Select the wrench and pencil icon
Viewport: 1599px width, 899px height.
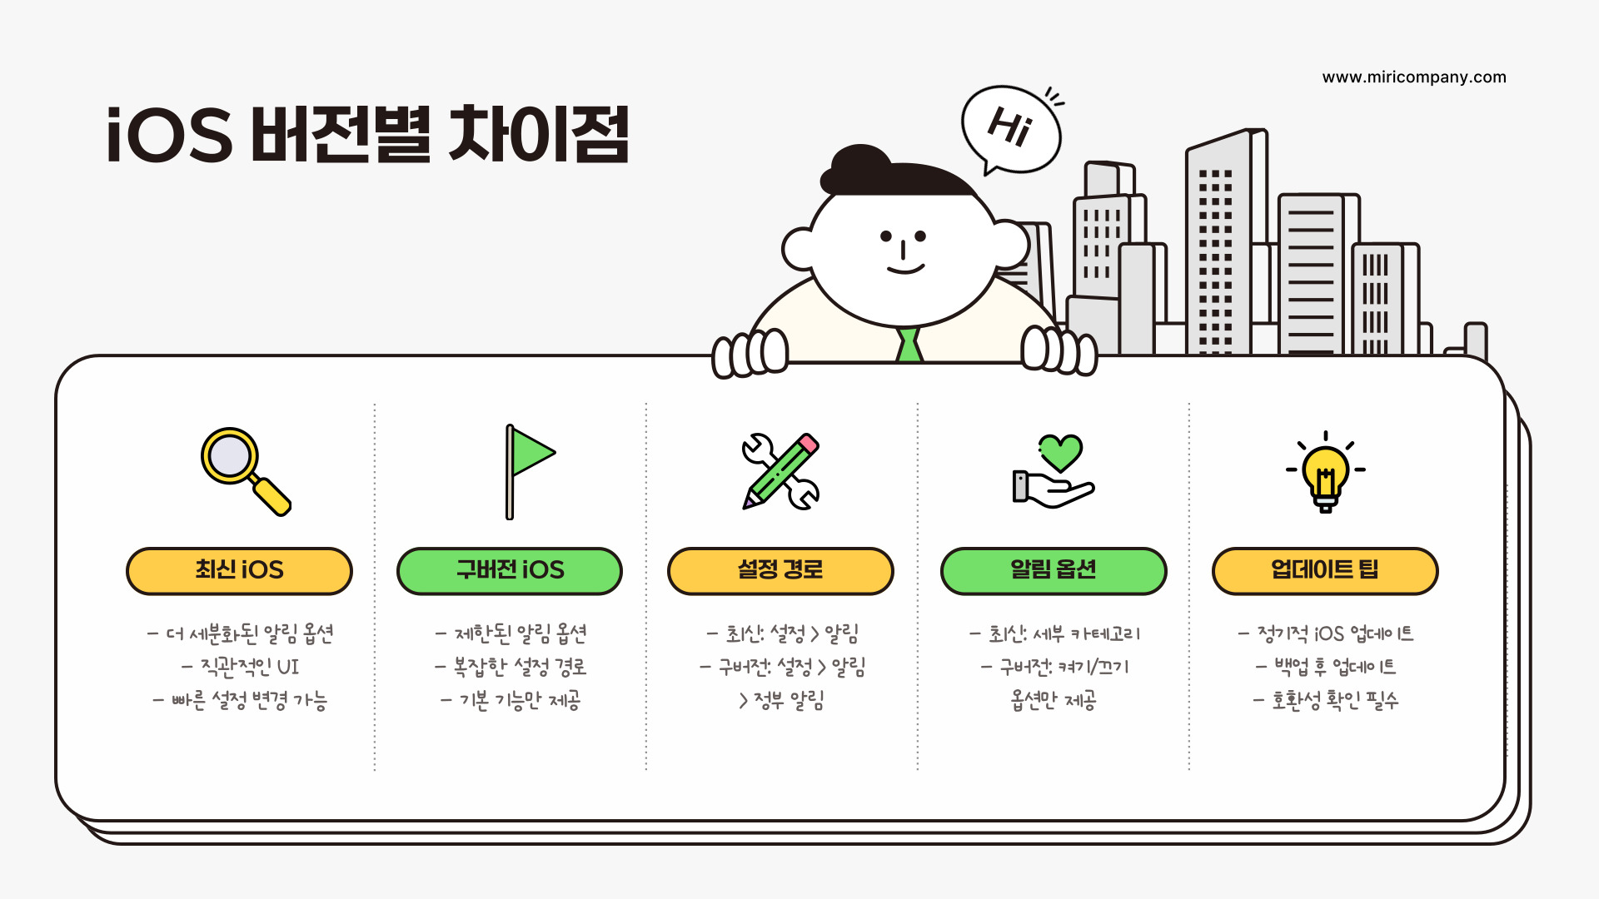click(780, 471)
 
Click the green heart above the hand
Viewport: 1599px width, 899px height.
click(1060, 451)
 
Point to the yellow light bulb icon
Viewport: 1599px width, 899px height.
click(1325, 474)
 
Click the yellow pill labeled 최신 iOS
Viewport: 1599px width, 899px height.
click(239, 571)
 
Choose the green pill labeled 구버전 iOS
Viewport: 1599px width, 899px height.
click(510, 571)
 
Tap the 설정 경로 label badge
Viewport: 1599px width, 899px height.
click(780, 571)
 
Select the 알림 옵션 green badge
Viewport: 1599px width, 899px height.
click(1054, 571)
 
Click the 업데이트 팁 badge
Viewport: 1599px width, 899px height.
click(1325, 571)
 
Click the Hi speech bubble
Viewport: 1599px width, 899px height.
click(1011, 129)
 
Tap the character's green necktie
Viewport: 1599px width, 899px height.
click(909, 345)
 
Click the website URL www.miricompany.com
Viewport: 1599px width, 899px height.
click(1414, 77)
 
